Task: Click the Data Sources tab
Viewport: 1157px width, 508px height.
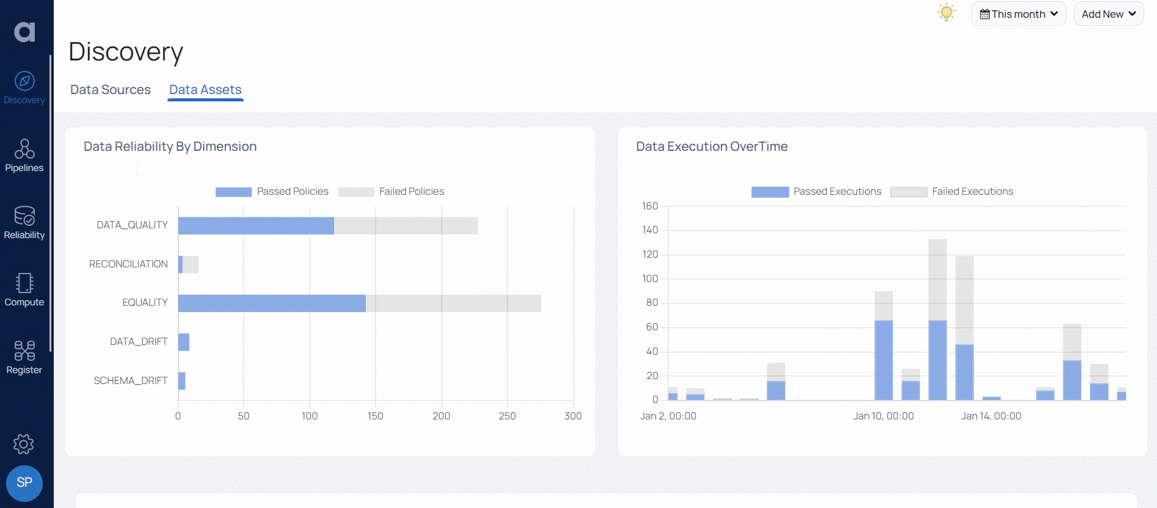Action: (x=110, y=90)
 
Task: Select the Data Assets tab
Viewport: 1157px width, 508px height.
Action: (x=205, y=90)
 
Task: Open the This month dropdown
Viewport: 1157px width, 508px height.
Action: (x=1018, y=14)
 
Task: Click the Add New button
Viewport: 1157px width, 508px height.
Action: (x=1108, y=14)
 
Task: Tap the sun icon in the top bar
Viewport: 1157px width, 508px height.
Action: (x=946, y=12)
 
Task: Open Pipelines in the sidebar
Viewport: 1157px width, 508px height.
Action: (x=24, y=156)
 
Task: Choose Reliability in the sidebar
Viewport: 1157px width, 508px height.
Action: (x=24, y=223)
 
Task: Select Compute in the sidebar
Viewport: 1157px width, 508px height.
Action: (x=24, y=290)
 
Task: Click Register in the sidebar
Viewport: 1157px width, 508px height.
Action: (x=24, y=358)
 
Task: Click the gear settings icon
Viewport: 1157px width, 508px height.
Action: (x=24, y=444)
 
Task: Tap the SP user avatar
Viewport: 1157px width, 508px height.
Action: (x=24, y=483)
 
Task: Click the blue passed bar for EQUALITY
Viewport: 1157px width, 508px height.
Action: (x=272, y=303)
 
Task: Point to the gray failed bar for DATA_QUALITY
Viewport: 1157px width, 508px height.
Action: (x=406, y=226)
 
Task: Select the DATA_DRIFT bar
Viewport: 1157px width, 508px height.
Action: (x=184, y=342)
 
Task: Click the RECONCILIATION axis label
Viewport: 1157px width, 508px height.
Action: (x=128, y=264)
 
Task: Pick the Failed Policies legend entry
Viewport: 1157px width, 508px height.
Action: (x=392, y=192)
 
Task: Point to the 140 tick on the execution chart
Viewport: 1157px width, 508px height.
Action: (x=650, y=230)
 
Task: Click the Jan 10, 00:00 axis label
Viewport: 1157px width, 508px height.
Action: (x=883, y=416)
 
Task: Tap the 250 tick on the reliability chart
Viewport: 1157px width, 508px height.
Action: (x=507, y=416)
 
